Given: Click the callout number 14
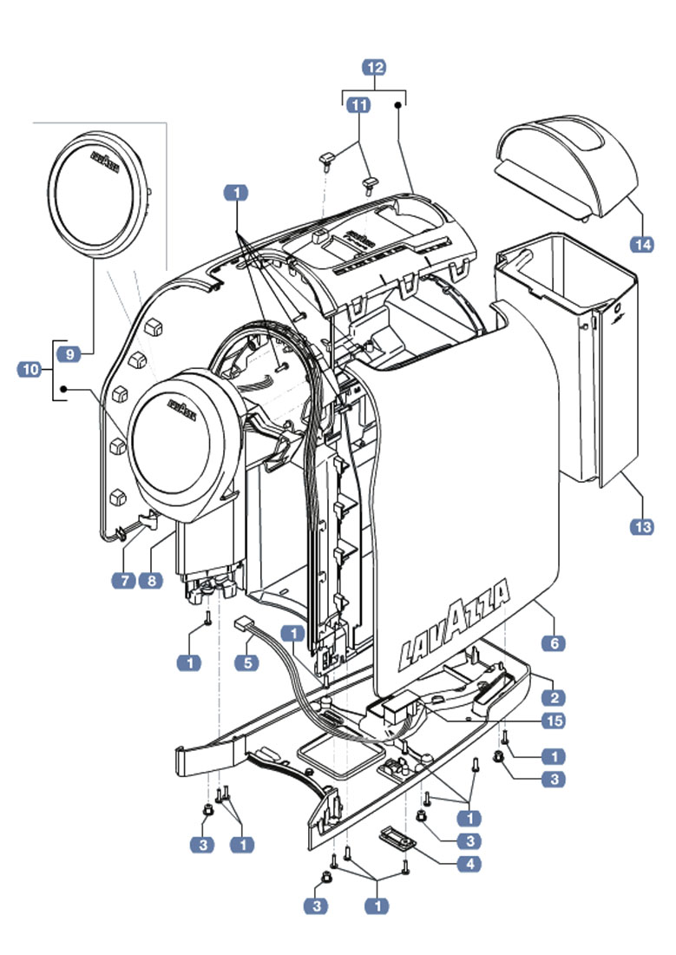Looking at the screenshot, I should [642, 244].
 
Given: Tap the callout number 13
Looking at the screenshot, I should [643, 525].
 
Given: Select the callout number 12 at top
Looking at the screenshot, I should [375, 67].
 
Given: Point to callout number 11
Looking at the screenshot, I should [358, 105].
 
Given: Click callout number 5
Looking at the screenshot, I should [248, 662].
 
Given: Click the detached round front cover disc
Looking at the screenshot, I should [99, 195].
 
